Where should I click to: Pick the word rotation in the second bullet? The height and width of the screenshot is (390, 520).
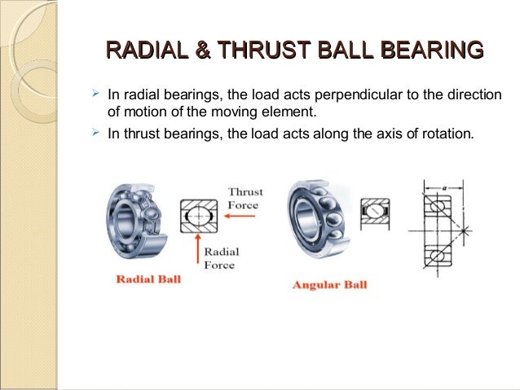[445, 133]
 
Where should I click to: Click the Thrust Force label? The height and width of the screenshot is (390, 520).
[243, 199]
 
